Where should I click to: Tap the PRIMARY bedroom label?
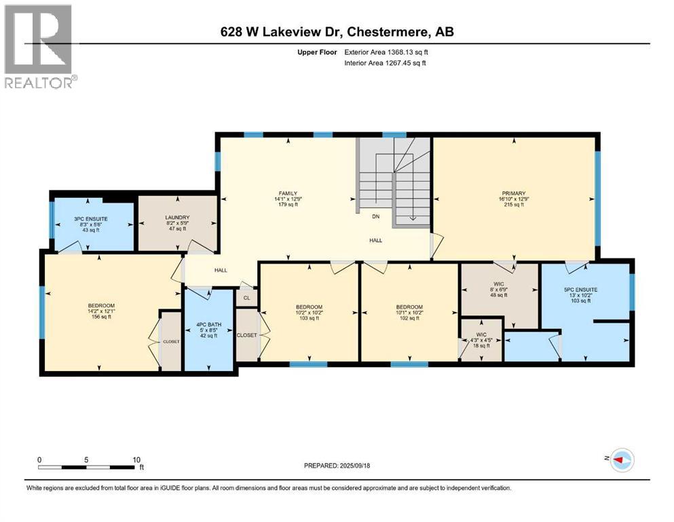pyautogui.click(x=514, y=194)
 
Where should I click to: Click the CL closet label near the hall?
pyautogui.click(x=246, y=298)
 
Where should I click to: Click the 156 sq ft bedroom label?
pyautogui.click(x=100, y=306)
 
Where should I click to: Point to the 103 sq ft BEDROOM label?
pyautogui.click(x=309, y=307)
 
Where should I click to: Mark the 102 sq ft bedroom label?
pyautogui.click(x=409, y=307)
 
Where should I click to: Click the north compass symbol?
pyautogui.click(x=621, y=460)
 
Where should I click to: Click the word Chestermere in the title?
pyautogui.click(x=386, y=31)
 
